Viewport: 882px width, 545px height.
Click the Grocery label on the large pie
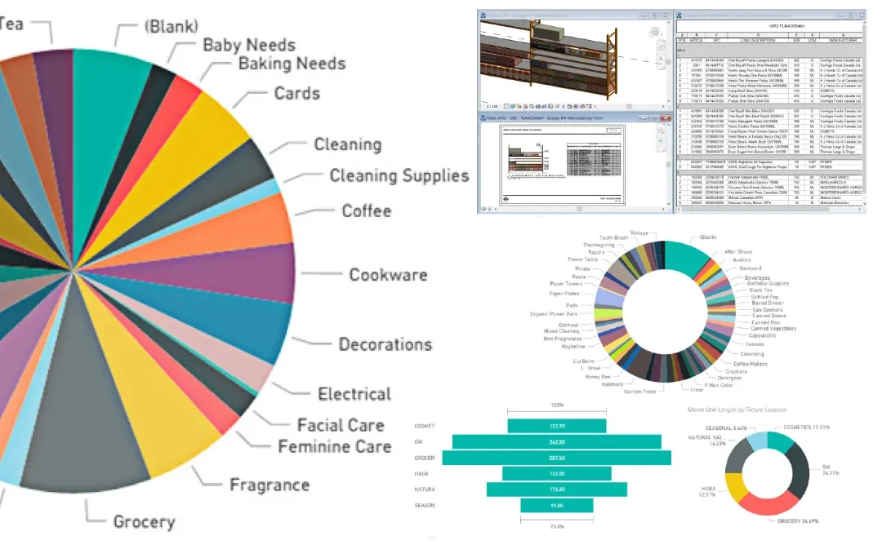click(144, 522)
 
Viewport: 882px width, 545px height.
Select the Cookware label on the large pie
click(388, 275)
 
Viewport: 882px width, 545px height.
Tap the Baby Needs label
click(248, 45)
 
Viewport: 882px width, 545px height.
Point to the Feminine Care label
click(334, 447)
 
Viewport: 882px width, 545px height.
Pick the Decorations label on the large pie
click(385, 343)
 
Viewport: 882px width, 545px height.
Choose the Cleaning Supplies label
click(399, 176)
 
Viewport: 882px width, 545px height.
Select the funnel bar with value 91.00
click(557, 506)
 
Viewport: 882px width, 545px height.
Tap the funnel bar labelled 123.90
click(557, 426)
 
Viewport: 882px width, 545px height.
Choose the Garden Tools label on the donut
click(641, 392)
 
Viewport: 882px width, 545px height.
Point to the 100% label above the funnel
click(557, 405)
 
